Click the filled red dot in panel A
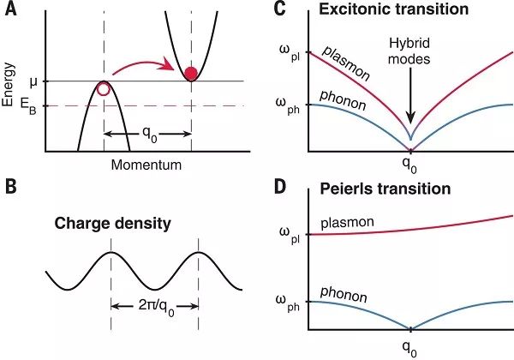(191, 74)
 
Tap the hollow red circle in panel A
(104, 89)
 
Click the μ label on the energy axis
(33, 82)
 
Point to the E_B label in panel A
(28, 107)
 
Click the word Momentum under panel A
(146, 165)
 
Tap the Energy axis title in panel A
(9, 85)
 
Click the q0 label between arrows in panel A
(149, 134)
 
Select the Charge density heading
(112, 224)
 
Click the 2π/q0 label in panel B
(157, 307)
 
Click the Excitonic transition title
(394, 9)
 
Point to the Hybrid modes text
(409, 51)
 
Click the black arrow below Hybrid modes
(410, 99)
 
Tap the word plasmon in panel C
(346, 63)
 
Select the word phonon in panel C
(343, 100)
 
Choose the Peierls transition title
(385, 189)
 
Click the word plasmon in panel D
(347, 223)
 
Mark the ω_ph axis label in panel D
(290, 303)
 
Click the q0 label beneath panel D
(409, 348)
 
